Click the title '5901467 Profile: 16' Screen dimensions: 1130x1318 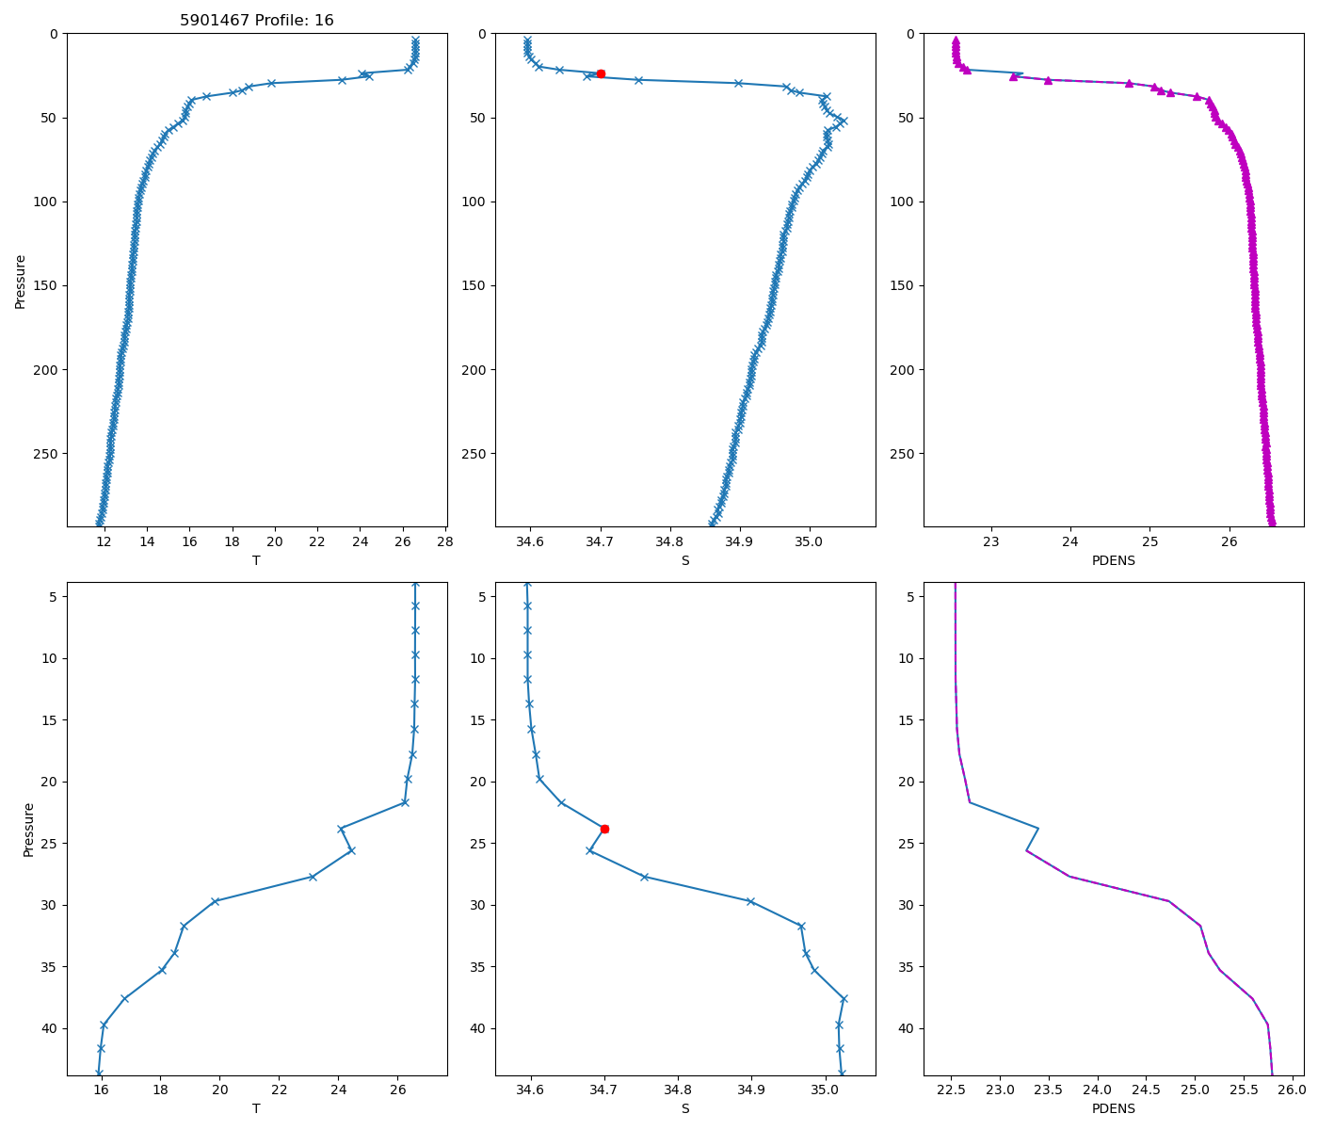tap(257, 21)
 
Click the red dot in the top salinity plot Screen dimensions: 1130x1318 tap(601, 73)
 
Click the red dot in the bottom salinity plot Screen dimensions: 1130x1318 tap(604, 829)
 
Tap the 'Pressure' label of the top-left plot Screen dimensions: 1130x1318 tap(21, 281)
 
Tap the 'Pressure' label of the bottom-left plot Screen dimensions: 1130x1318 tap(28, 830)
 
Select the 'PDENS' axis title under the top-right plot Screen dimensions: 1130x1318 tap(1114, 560)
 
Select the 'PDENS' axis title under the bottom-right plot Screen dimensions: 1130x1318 tap(1114, 1108)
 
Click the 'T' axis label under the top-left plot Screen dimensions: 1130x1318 tap(256, 560)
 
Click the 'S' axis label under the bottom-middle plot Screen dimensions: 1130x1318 tap(685, 1108)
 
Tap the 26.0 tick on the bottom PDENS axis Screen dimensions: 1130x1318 tap(1292, 1090)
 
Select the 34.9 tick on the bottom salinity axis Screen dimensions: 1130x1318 tap(751, 1090)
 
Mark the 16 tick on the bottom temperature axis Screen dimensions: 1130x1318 tap(101, 1090)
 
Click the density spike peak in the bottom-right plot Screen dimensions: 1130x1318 tap(1038, 828)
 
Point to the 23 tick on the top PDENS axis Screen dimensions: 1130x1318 tap(990, 541)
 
